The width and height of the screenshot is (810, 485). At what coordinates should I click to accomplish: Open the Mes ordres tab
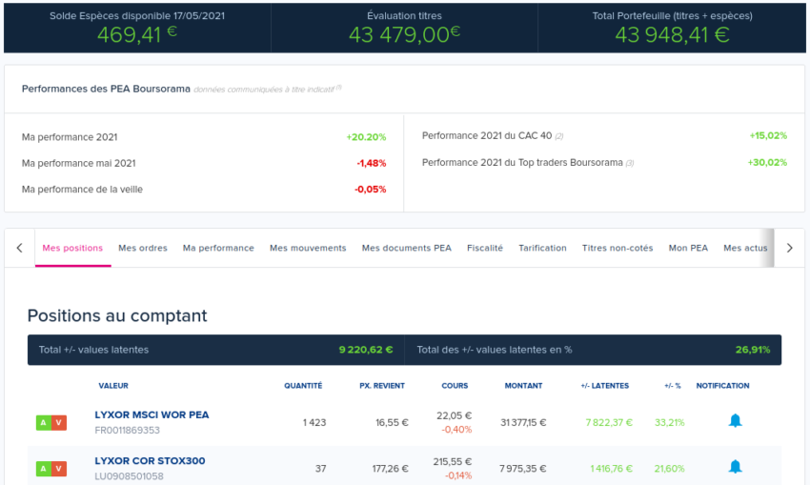tap(143, 248)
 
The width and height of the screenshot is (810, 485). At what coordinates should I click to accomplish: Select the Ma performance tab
tap(218, 248)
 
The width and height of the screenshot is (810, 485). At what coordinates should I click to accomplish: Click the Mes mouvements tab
tap(308, 248)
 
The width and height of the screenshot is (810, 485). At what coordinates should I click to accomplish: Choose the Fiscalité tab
tap(485, 248)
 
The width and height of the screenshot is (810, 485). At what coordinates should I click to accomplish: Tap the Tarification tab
tap(542, 248)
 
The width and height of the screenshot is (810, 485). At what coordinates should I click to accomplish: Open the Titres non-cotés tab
tap(618, 248)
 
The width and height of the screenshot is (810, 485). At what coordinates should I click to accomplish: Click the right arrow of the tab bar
tap(789, 248)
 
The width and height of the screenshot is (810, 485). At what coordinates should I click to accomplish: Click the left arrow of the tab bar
tap(20, 248)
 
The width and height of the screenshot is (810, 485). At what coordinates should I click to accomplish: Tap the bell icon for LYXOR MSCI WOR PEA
tap(735, 420)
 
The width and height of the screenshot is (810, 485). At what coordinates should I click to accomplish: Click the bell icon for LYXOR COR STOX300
tap(735, 467)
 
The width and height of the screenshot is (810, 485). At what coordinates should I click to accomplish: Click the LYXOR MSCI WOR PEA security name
tap(152, 415)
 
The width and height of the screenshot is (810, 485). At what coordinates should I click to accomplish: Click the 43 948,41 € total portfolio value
tap(672, 35)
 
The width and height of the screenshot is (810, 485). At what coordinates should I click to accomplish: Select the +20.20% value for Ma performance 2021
tap(366, 137)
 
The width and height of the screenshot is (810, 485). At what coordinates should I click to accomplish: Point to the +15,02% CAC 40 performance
tap(768, 136)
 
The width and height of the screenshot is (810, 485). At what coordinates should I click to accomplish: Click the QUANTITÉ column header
tap(303, 386)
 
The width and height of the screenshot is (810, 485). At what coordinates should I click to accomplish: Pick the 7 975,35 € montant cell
tap(523, 469)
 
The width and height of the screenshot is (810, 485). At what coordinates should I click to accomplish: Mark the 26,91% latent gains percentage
tap(753, 350)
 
